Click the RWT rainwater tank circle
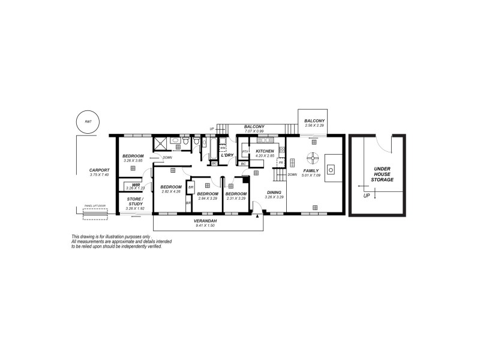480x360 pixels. pos(88,122)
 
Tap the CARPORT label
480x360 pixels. pos(99,170)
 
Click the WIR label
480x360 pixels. pos(136,185)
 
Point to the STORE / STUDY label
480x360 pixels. pos(134,202)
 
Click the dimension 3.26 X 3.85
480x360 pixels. pos(133,161)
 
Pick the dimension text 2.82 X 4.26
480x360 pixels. pos(171,191)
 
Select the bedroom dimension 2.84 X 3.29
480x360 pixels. pos(208,198)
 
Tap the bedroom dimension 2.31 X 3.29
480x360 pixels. pos(236,198)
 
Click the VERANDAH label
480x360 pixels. pos(205,221)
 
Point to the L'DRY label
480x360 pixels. pos(227,155)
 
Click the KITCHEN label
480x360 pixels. pos(265,151)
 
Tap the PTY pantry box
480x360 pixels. pos(245,151)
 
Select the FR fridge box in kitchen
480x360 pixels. pos(280,163)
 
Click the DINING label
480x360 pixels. pos(274,192)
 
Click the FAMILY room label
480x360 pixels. pos(311,170)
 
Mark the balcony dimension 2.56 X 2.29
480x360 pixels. pos(314,125)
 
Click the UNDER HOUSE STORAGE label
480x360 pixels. pos(383,175)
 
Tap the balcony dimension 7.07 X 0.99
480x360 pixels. pos(254,131)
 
